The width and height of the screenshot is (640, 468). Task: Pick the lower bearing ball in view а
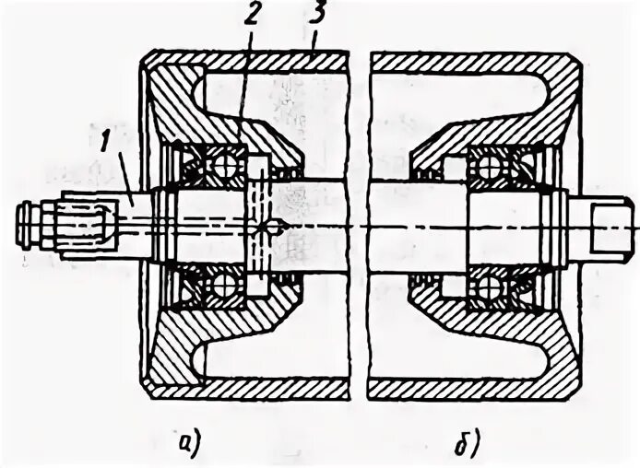(222, 287)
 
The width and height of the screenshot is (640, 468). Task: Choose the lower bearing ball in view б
(488, 287)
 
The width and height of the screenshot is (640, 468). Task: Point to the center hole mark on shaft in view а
(270, 227)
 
